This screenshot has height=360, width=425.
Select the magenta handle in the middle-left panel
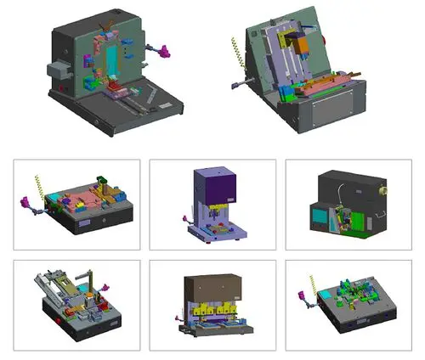point(25,204)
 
